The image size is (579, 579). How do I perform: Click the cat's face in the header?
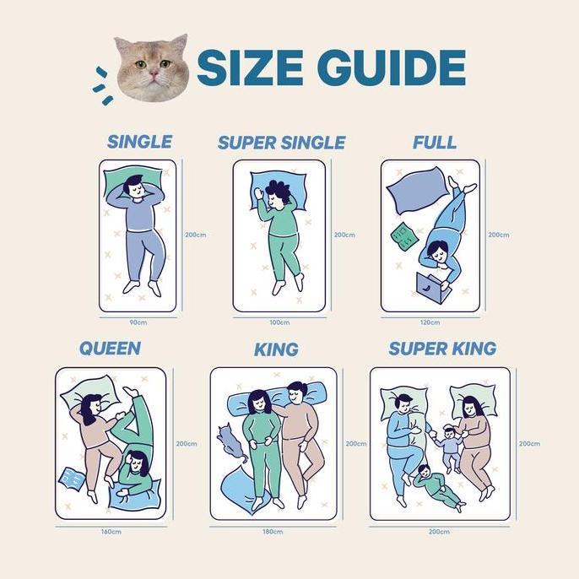point(151,68)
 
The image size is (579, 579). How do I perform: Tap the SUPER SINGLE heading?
point(281,143)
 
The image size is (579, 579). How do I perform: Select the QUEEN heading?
point(110,348)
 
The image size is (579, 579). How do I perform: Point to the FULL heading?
point(434,142)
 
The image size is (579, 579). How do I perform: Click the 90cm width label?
point(138,322)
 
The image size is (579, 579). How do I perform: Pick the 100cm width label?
point(279,322)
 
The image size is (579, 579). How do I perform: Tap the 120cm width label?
point(430,322)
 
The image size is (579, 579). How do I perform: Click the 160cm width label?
point(111,531)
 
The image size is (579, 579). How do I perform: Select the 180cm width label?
point(272,531)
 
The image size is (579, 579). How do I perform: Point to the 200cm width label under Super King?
point(439,531)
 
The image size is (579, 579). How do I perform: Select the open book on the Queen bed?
point(72,479)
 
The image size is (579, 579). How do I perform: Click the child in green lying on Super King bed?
point(437,485)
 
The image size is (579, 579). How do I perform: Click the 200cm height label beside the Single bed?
point(196,235)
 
